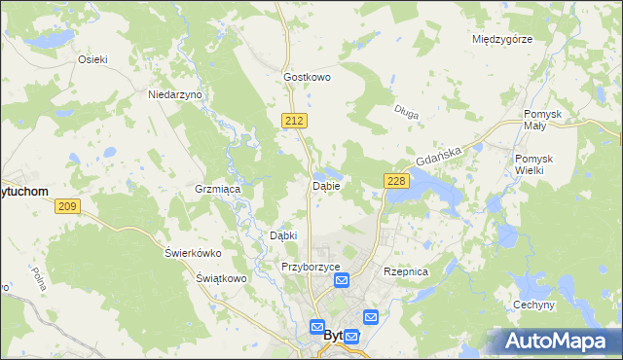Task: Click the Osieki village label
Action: (x=92, y=58)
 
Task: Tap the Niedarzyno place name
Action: (x=173, y=94)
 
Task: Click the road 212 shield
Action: (x=297, y=119)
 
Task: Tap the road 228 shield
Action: (x=395, y=181)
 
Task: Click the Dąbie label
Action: (x=325, y=185)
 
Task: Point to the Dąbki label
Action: (x=282, y=235)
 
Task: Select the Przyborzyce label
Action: (x=310, y=267)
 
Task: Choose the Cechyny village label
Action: (x=533, y=305)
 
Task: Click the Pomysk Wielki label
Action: (x=534, y=164)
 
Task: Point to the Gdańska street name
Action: (x=435, y=153)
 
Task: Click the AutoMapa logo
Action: (x=555, y=341)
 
